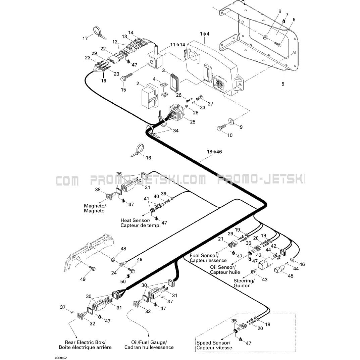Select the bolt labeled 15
(x=124, y=78)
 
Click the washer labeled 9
(x=232, y=121)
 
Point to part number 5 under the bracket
(x=282, y=84)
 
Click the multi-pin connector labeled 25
(x=175, y=113)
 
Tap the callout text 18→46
(x=214, y=152)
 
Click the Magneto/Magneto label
(x=95, y=208)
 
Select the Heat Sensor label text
(x=141, y=223)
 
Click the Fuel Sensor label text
(x=208, y=258)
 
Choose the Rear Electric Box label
(x=85, y=345)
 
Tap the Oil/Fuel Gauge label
(x=149, y=345)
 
